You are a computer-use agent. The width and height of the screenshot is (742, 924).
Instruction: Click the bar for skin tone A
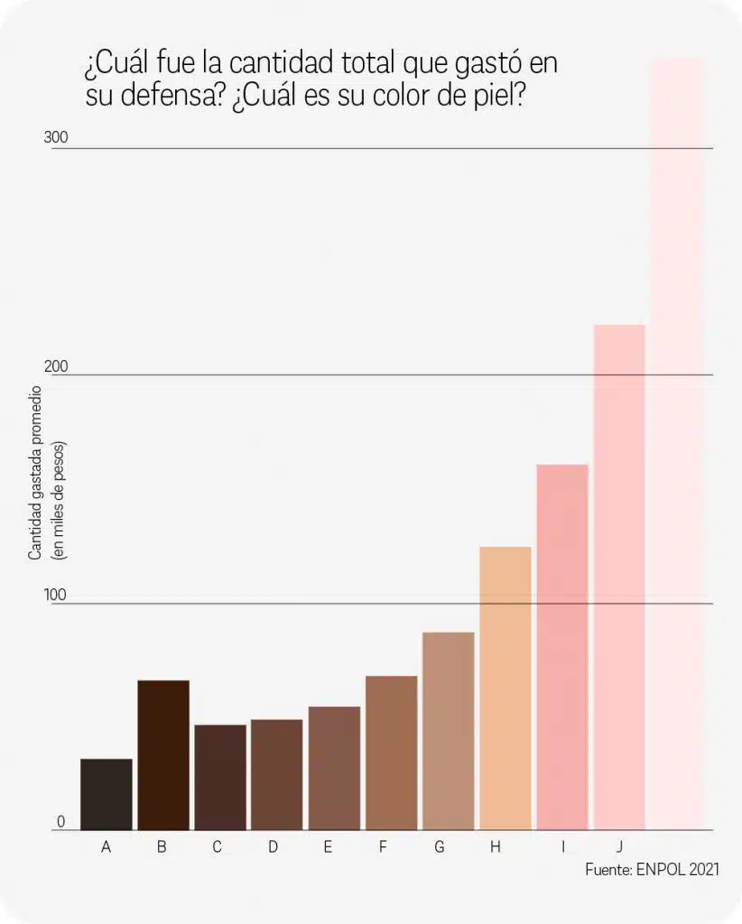pos(107,794)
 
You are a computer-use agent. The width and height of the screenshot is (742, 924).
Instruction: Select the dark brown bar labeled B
pos(163,754)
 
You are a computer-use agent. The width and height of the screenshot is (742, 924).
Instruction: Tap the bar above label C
pos(220,777)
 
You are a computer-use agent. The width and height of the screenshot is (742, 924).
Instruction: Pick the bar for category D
pos(277,774)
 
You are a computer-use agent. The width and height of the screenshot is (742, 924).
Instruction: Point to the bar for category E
pos(334,768)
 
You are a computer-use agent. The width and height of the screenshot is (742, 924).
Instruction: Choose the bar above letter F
pos(391,753)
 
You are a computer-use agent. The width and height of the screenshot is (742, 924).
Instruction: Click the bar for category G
pos(448,731)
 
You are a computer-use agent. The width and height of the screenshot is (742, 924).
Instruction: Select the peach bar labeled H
pos(505,688)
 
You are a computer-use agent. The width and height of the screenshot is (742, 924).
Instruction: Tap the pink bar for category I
pos(562,647)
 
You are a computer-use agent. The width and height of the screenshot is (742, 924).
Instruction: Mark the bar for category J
pos(619,577)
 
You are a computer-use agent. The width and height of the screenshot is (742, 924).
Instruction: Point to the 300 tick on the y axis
pos(56,138)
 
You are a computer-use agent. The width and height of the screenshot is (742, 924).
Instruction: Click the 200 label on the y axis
pos(56,366)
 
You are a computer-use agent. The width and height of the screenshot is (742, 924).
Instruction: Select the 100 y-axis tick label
pos(56,595)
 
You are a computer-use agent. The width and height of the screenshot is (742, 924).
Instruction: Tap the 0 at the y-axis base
pos(61,822)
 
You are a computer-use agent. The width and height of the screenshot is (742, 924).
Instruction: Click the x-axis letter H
pos(495,847)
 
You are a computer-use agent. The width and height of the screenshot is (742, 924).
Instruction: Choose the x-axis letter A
pos(107,847)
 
